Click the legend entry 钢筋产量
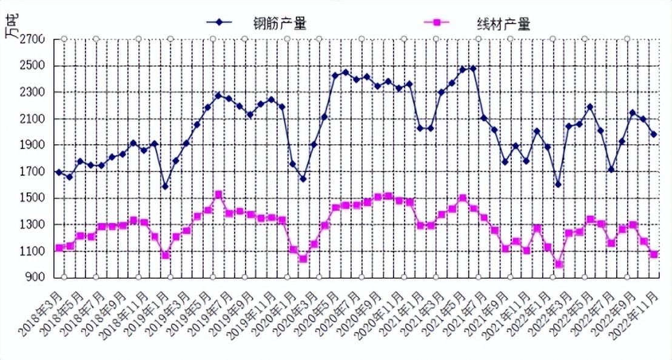279,23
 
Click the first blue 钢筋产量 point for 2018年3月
59,172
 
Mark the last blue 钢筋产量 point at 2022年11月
654,135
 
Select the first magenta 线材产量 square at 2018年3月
59,248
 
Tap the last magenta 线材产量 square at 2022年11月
654,255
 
